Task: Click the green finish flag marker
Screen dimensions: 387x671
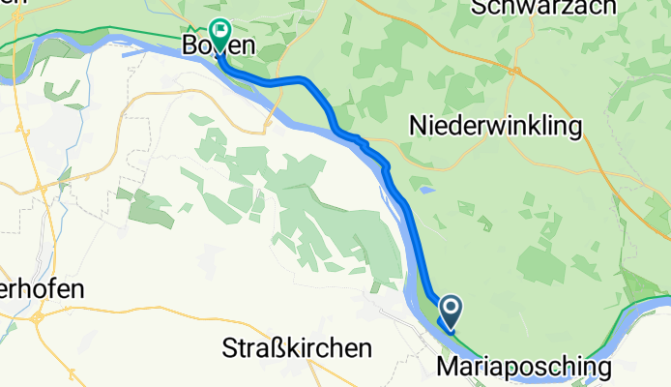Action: click(x=219, y=36)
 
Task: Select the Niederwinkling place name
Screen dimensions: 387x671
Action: click(x=496, y=126)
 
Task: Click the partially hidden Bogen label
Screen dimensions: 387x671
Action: click(x=219, y=45)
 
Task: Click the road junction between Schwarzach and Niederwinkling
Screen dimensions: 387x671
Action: click(x=516, y=70)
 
